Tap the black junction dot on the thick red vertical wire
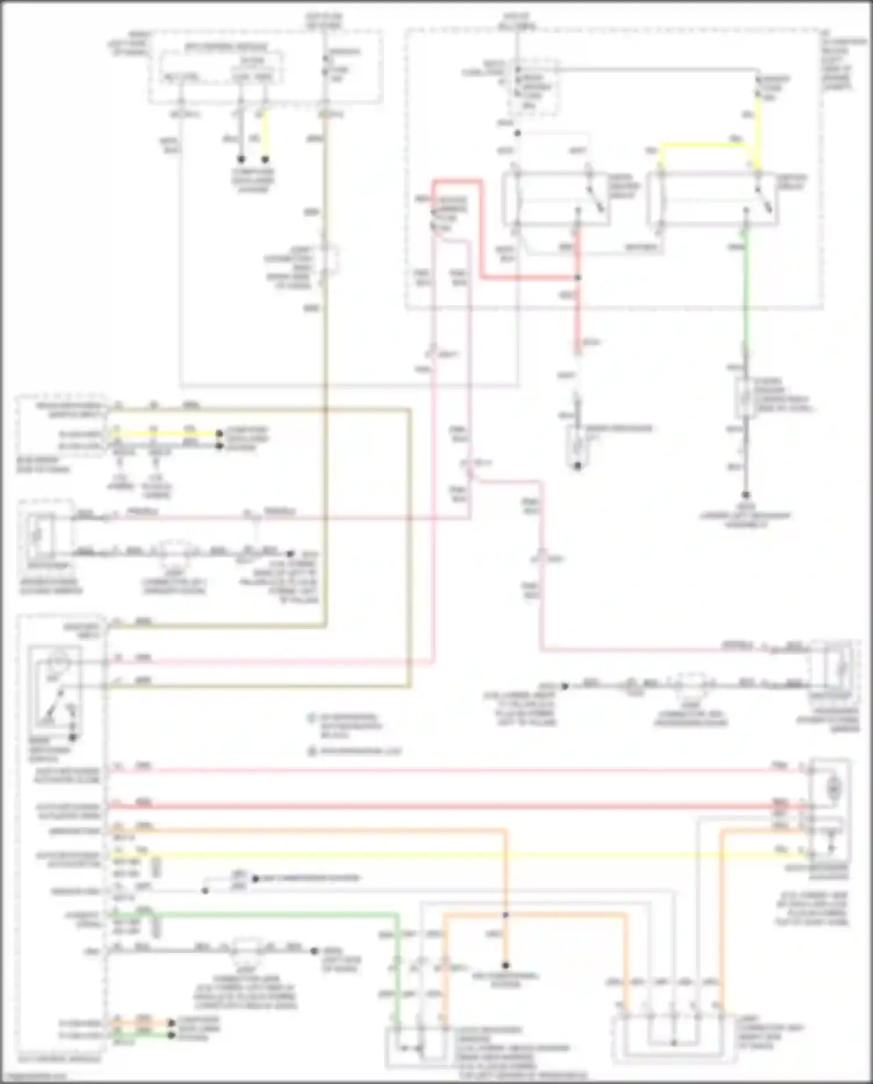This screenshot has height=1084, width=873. coord(578,278)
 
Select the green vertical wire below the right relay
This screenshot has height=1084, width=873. coord(746,291)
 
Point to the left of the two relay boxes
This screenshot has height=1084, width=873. coord(556,198)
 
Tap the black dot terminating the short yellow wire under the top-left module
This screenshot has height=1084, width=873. coord(265,159)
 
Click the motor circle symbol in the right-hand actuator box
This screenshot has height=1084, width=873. coord(834,789)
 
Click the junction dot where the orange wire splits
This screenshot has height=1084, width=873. coord(506,915)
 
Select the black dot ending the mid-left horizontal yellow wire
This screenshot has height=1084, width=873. coord(219,434)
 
